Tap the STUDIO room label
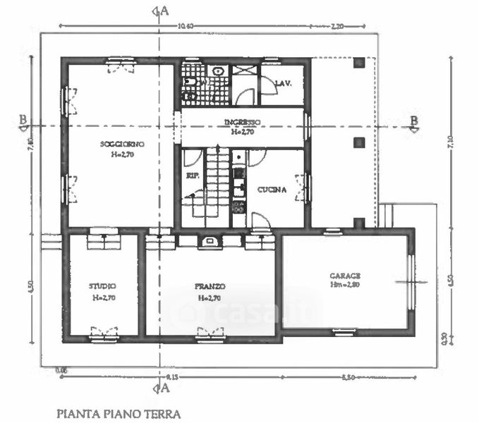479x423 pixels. click(x=102, y=286)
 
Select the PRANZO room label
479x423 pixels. click(x=210, y=287)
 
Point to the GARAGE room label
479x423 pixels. click(x=345, y=276)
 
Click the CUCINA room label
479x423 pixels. click(x=271, y=190)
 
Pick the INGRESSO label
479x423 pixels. click(x=243, y=122)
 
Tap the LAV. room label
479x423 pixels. click(x=284, y=83)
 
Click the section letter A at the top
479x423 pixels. click(x=164, y=10)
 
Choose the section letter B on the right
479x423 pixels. click(x=414, y=119)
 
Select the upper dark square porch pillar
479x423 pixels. click(x=359, y=63)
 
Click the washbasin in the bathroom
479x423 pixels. click(x=219, y=71)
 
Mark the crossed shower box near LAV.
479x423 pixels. click(x=246, y=71)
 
